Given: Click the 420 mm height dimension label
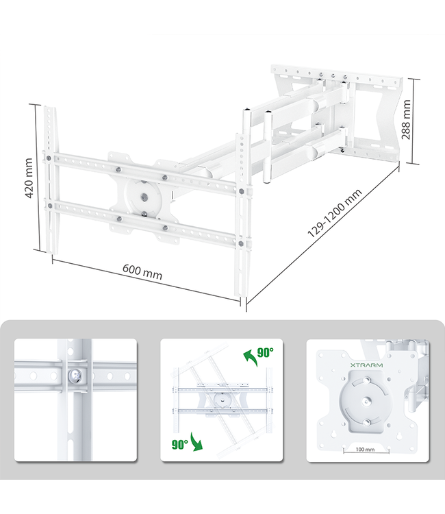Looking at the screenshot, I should click(x=29, y=179).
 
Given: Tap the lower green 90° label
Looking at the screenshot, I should click(x=180, y=444).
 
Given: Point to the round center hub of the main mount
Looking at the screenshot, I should click(x=144, y=197).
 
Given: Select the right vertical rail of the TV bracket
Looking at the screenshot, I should click(x=242, y=206).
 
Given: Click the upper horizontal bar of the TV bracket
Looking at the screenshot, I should click(x=144, y=170).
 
